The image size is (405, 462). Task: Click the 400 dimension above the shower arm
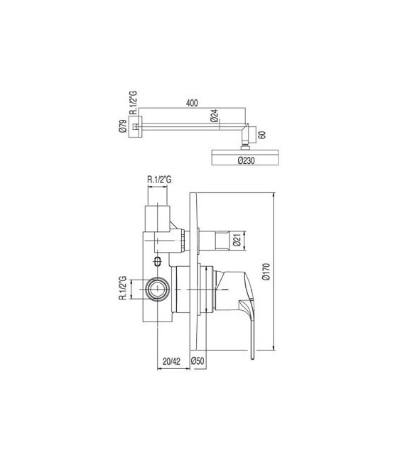pos(191,103)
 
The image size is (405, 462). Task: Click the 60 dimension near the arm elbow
pos(262,133)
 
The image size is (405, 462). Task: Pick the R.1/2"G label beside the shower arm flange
pos(132,104)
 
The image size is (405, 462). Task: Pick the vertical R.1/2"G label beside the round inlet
pos(123,289)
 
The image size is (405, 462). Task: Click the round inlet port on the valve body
pos(157,289)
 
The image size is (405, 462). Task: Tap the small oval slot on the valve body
pos(157,262)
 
